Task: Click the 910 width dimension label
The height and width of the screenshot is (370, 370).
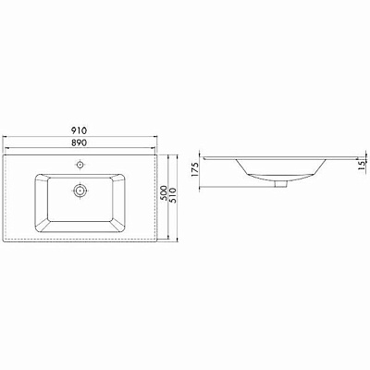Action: [80, 130]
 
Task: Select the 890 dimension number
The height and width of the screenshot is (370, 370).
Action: [80, 142]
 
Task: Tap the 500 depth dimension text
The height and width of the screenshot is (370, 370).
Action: [165, 193]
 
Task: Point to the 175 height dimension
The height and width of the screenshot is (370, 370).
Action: [195, 169]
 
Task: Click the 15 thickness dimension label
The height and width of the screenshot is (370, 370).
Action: [362, 166]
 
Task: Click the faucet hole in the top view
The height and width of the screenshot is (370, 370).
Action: [80, 165]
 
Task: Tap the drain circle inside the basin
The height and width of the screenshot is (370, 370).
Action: [80, 191]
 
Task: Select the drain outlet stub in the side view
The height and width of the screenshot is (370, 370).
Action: [281, 184]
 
